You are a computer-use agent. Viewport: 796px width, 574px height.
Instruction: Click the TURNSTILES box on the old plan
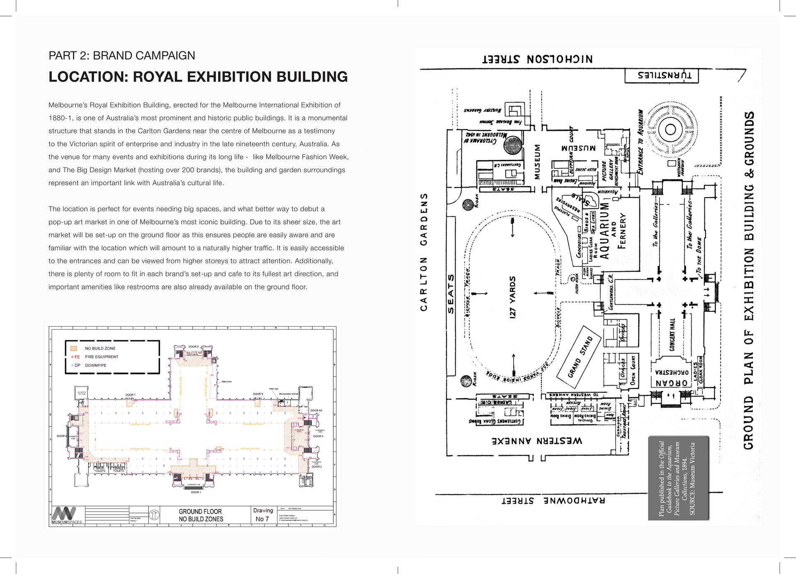(x=661, y=76)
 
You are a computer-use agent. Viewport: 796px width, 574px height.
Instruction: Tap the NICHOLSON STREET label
(x=537, y=59)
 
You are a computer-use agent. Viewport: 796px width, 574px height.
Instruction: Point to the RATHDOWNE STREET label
(x=553, y=500)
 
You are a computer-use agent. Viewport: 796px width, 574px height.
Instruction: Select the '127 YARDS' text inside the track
(x=513, y=297)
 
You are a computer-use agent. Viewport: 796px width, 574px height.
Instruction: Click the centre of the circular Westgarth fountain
(x=670, y=130)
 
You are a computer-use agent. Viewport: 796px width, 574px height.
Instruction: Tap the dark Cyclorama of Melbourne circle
(x=512, y=145)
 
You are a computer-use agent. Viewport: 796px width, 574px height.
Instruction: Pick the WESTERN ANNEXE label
(x=537, y=441)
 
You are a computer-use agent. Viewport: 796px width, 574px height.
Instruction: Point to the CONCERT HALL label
(x=672, y=335)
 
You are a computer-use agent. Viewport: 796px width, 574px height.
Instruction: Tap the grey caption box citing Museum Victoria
(x=678, y=478)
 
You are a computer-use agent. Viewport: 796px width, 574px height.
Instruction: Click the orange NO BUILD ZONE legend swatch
(x=74, y=348)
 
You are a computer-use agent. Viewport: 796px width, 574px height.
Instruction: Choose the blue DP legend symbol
(x=76, y=365)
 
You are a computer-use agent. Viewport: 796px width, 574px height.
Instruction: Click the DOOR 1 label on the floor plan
(x=196, y=492)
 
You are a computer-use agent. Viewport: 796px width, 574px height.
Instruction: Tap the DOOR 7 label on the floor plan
(x=131, y=395)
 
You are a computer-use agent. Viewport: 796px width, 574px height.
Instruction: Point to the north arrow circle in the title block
(x=154, y=515)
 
